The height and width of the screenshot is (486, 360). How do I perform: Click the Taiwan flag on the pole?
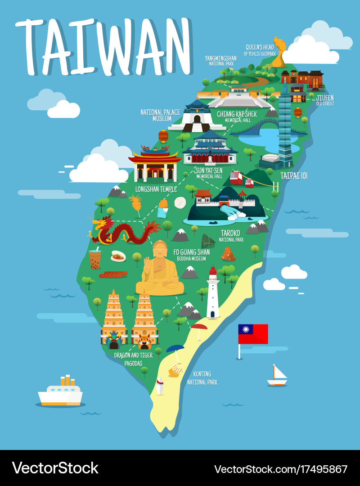(x=253, y=334)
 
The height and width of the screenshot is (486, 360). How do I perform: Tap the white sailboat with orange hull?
(x=277, y=376)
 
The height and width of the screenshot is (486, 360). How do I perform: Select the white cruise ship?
(x=60, y=392)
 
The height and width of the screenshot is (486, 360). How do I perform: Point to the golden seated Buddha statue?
(x=160, y=270)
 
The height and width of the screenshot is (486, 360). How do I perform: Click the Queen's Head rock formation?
(x=279, y=52)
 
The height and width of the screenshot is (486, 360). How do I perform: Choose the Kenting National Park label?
(x=202, y=378)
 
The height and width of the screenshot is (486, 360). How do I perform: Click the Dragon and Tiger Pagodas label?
(x=133, y=359)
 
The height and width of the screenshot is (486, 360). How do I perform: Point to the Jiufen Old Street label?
(x=325, y=100)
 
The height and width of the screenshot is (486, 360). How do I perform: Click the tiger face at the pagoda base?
(x=144, y=341)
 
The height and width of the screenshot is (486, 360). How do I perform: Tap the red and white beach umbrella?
(x=198, y=327)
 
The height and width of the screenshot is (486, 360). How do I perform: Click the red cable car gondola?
(x=236, y=178)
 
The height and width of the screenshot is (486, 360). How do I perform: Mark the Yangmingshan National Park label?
(x=220, y=61)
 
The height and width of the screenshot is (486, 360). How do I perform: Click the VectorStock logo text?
(x=55, y=468)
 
